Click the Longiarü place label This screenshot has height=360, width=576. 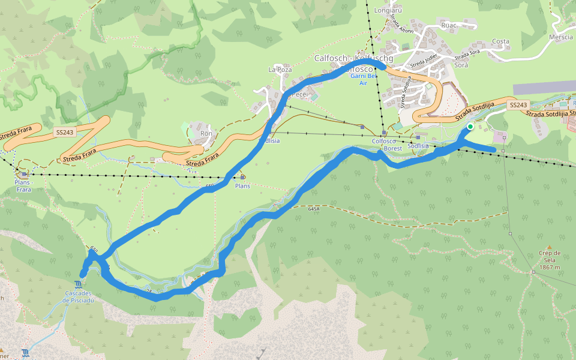coord(387,10)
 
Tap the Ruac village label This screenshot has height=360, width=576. coord(449,25)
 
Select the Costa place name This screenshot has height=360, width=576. coord(500,41)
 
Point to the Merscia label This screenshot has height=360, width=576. coord(561,37)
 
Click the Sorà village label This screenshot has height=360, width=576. coord(461,65)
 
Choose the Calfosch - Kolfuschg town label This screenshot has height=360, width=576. coord(353,58)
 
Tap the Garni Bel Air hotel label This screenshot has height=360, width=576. coord(363,80)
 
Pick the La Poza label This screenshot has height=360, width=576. coord(280,70)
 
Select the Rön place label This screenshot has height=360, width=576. coord(206,133)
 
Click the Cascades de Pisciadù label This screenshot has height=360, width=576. coord(79,296)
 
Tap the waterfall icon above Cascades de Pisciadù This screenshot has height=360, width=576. coord(79,284)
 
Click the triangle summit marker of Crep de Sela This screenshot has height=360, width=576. coord(549,247)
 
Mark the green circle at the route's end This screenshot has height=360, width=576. coord(470,127)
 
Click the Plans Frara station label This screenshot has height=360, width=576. coord(24,185)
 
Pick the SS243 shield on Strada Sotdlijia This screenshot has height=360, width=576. coord(518,105)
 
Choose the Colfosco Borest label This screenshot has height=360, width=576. coord(386,144)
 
